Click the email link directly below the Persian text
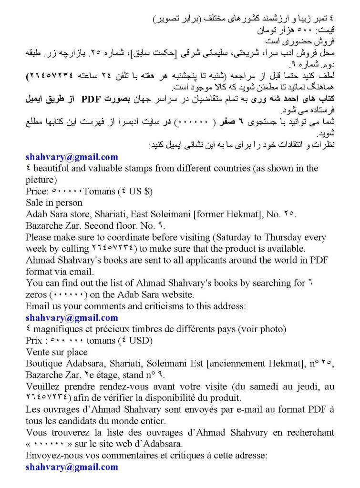tap(72, 157)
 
